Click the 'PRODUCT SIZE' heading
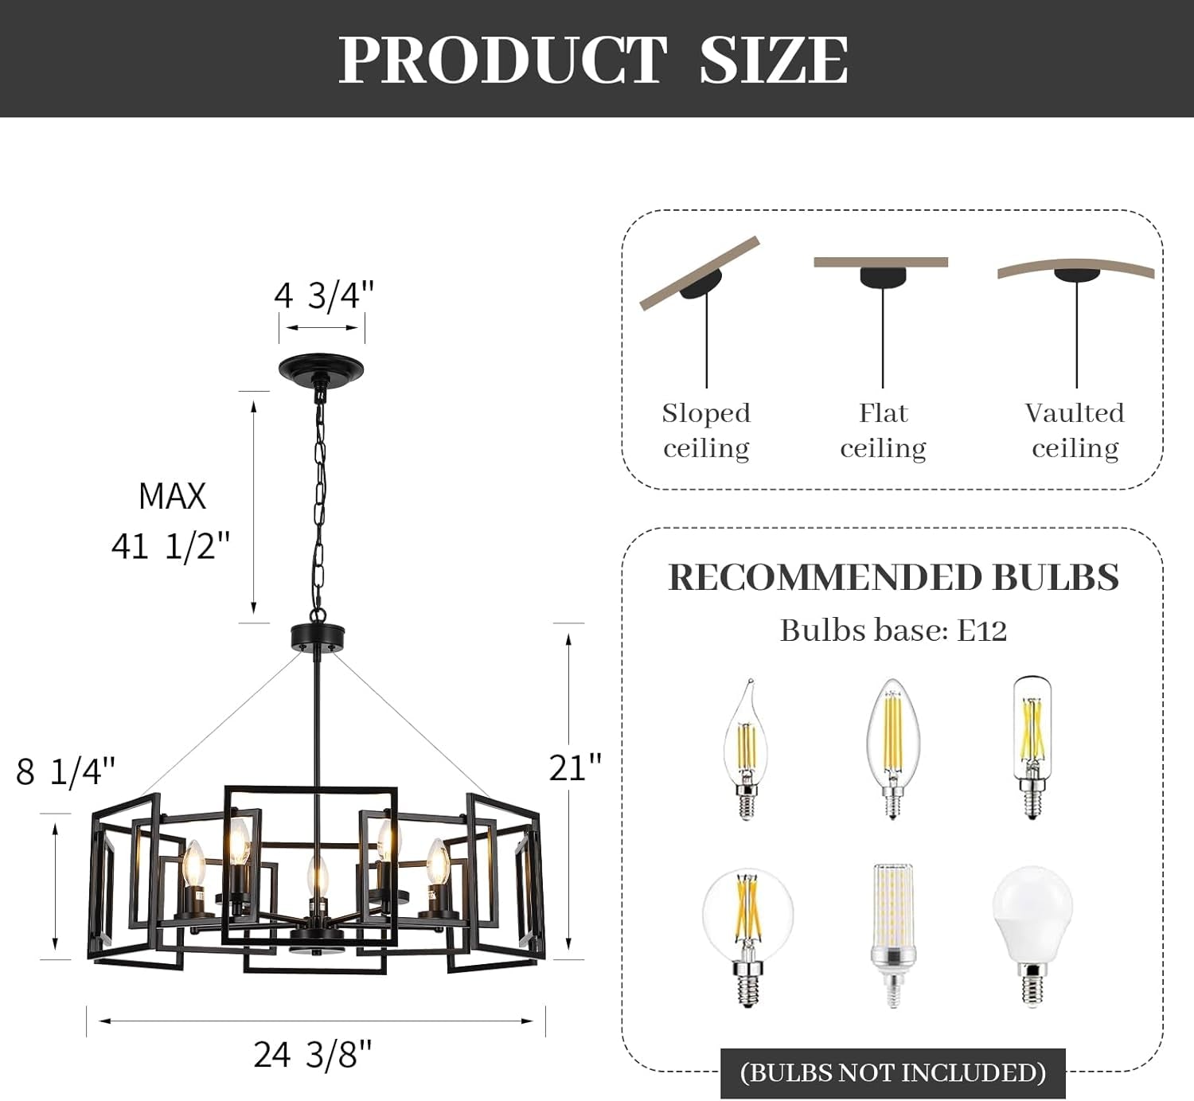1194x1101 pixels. pos(593,60)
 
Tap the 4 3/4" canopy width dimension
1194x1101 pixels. pos(323,295)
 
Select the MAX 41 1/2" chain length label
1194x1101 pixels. pos(171,521)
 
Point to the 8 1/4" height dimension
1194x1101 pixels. pos(66,771)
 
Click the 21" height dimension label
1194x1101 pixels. pos(575,768)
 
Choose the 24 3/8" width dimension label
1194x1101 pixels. pos(313,1055)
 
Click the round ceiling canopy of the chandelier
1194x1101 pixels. pos(321,368)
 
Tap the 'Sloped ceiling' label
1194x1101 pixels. pos(706,430)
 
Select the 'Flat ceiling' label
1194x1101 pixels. pos(883,430)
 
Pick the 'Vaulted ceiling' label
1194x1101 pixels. pos(1075,430)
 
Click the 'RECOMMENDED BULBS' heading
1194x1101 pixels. pos(893,577)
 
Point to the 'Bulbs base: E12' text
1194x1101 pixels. pos(893,631)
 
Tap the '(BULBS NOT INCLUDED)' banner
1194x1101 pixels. pos(892,1072)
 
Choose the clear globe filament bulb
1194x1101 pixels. pos(747,931)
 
